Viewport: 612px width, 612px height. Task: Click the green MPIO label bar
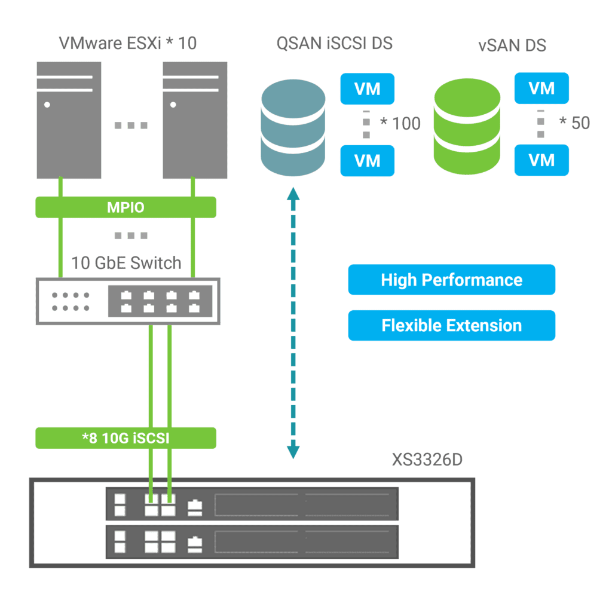[126, 207]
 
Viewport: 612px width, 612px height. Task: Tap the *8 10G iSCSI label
[126, 438]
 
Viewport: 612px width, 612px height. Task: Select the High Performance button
[451, 280]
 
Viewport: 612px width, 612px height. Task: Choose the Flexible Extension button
[451, 326]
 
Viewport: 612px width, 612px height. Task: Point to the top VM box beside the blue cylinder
[368, 89]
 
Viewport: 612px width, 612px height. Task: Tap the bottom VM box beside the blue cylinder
[368, 160]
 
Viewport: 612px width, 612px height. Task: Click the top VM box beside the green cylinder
[541, 88]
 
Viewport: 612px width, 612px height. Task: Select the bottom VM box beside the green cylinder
[541, 160]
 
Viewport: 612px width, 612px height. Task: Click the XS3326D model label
[427, 460]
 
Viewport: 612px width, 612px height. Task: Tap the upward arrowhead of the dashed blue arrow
[293, 194]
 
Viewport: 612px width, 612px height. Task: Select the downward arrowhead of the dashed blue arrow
[293, 451]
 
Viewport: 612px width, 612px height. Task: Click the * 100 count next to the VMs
[401, 124]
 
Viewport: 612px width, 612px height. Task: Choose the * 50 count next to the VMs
[574, 123]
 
